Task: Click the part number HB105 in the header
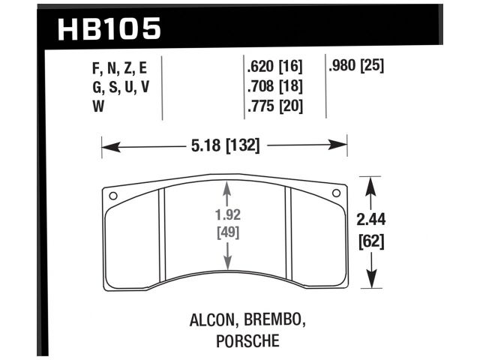109,29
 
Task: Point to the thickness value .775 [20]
275,106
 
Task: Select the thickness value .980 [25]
356,66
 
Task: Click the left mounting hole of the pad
113,197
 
